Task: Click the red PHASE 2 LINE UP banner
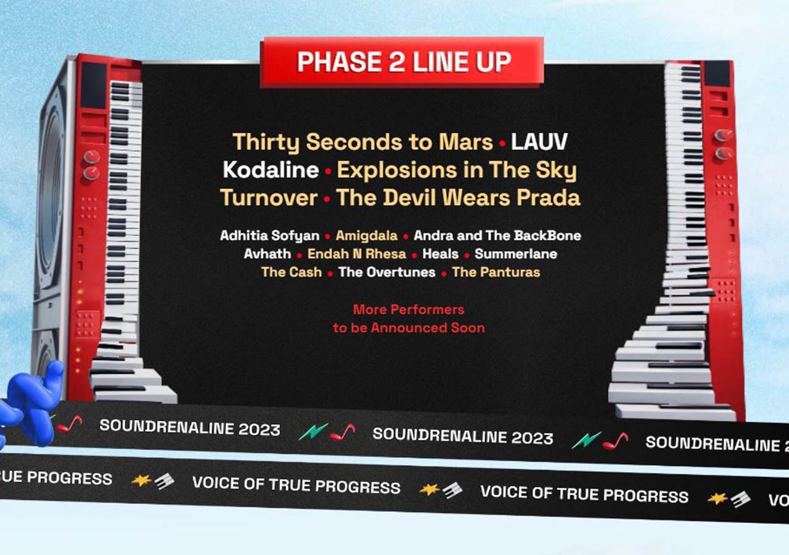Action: point(404,62)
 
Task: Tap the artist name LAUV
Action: point(539,142)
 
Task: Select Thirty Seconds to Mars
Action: point(362,142)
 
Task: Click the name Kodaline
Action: point(271,170)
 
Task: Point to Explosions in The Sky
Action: point(457,170)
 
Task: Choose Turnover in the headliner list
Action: point(269,197)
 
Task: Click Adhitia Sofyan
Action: point(269,236)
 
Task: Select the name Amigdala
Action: point(367,236)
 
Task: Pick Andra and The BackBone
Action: point(497,236)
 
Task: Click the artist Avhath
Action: point(267,254)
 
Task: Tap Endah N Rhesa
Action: point(357,254)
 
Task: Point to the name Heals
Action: point(440,254)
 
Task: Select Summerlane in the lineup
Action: point(516,254)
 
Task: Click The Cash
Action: point(292,272)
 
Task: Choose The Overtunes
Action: point(387,272)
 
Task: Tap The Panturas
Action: point(496,272)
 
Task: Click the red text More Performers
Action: point(409,309)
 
